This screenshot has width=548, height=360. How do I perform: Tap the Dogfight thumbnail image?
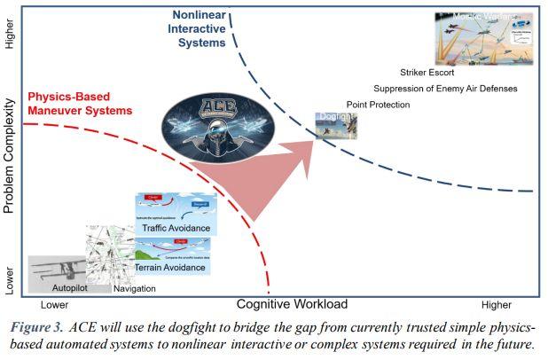click(x=337, y=126)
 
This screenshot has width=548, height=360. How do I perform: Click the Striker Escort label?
click(x=428, y=73)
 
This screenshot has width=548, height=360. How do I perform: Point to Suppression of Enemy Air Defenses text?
click(x=445, y=89)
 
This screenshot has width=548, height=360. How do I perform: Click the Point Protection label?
click(x=378, y=106)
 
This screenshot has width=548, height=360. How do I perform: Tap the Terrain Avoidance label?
click(x=176, y=267)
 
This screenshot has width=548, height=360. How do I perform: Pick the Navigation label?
click(x=134, y=289)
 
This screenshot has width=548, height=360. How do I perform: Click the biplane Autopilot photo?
click(x=59, y=270)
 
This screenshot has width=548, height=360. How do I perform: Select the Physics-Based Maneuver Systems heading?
click(x=80, y=103)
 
